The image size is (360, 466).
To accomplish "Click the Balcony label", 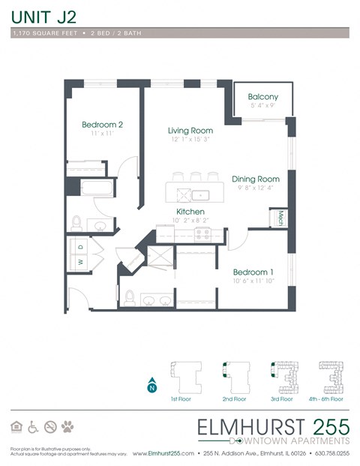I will [x=263, y=97].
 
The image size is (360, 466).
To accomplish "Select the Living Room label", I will [x=190, y=131].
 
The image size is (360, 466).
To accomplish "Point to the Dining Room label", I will [x=255, y=179].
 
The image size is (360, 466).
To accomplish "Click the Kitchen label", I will [x=190, y=212].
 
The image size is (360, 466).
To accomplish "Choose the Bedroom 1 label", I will [x=253, y=271].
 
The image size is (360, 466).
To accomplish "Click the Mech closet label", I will [x=280, y=217].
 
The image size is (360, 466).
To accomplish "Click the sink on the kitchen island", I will [x=200, y=195].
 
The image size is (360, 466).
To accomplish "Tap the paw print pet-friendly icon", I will [x=68, y=427].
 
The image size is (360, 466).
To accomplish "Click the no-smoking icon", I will [x=51, y=427].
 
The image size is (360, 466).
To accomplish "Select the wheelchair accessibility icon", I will [x=34, y=427].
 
